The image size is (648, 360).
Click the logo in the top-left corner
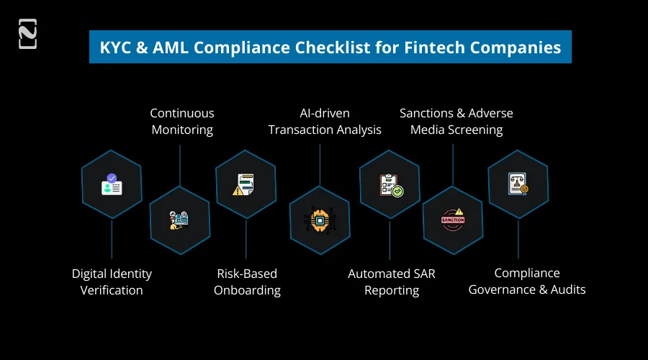click(27, 35)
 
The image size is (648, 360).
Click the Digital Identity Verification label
click(112, 282)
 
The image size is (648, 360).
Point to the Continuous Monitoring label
click(181, 122)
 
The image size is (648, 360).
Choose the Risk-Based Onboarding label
click(247, 282)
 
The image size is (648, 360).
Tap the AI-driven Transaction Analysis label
click(325, 122)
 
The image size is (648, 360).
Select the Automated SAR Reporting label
click(392, 282)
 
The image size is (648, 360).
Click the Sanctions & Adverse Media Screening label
click(456, 122)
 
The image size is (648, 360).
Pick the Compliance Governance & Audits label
click(527, 282)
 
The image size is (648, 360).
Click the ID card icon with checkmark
click(112, 184)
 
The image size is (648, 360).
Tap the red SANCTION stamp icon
click(453, 220)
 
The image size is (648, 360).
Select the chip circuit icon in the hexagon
click(320, 220)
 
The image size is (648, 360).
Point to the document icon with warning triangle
click(244, 185)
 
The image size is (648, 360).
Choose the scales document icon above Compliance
click(518, 184)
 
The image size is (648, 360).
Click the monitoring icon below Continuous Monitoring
click(179, 220)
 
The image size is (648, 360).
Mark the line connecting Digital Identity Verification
click(112, 239)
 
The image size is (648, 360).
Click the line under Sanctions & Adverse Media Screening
click(453, 164)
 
